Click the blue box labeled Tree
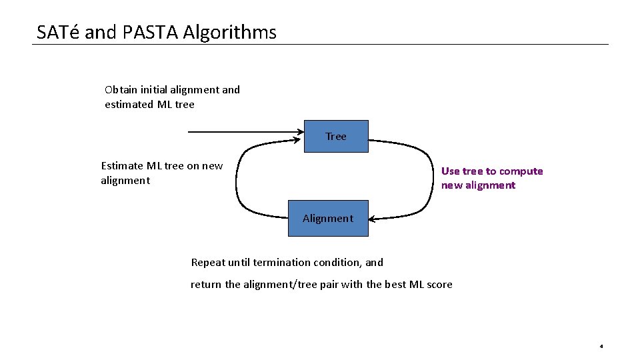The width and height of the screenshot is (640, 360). pyautogui.click(x=336, y=137)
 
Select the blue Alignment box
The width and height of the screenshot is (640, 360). pyautogui.click(x=327, y=218)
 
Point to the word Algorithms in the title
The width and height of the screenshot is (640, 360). pyautogui.click(x=230, y=32)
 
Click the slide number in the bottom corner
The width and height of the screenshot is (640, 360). pyautogui.click(x=601, y=347)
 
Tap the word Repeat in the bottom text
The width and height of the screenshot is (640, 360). pyautogui.click(x=208, y=262)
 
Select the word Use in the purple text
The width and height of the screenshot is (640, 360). pyautogui.click(x=450, y=171)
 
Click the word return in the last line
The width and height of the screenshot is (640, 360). pyautogui.click(x=206, y=285)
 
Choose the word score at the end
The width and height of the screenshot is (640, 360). pyautogui.click(x=439, y=285)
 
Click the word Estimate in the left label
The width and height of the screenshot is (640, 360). pyautogui.click(x=121, y=165)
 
